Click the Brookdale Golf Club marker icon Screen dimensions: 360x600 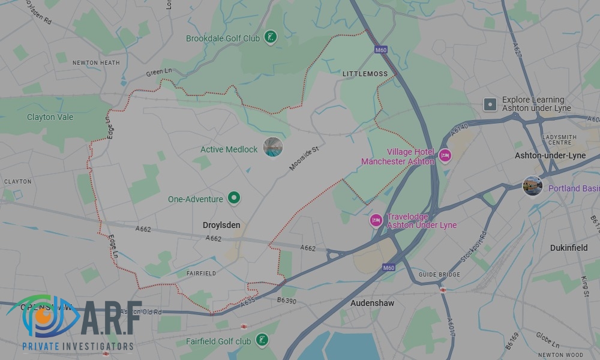271,38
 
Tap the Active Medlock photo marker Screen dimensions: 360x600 273,147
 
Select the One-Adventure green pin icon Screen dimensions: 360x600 235,198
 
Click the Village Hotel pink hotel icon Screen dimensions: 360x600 445,156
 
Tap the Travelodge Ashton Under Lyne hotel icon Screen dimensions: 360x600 376,220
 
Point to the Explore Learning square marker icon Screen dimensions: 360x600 490,104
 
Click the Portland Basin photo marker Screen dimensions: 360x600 532,186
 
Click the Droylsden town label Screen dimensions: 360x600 221,225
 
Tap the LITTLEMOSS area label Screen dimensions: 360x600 365,74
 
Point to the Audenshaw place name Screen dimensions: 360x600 372,303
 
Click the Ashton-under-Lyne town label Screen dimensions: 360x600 550,155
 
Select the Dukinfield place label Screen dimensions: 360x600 569,247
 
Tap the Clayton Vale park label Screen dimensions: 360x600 50,117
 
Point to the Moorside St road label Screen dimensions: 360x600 303,157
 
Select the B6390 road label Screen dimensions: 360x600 287,300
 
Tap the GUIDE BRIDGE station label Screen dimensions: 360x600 440,275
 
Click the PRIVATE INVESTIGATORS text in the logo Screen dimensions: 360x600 77,346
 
